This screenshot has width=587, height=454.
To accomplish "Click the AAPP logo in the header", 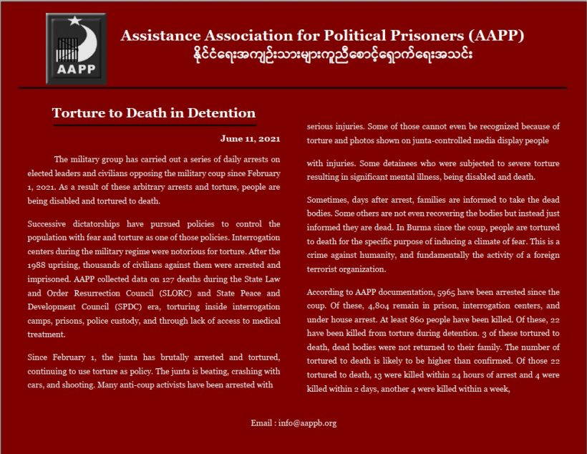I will pos(75,48).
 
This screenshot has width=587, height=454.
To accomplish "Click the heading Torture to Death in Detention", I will pos(154,113).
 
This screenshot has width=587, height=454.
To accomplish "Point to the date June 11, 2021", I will pos(251,138).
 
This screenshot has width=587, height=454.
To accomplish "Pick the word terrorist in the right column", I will pos(325,269).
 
